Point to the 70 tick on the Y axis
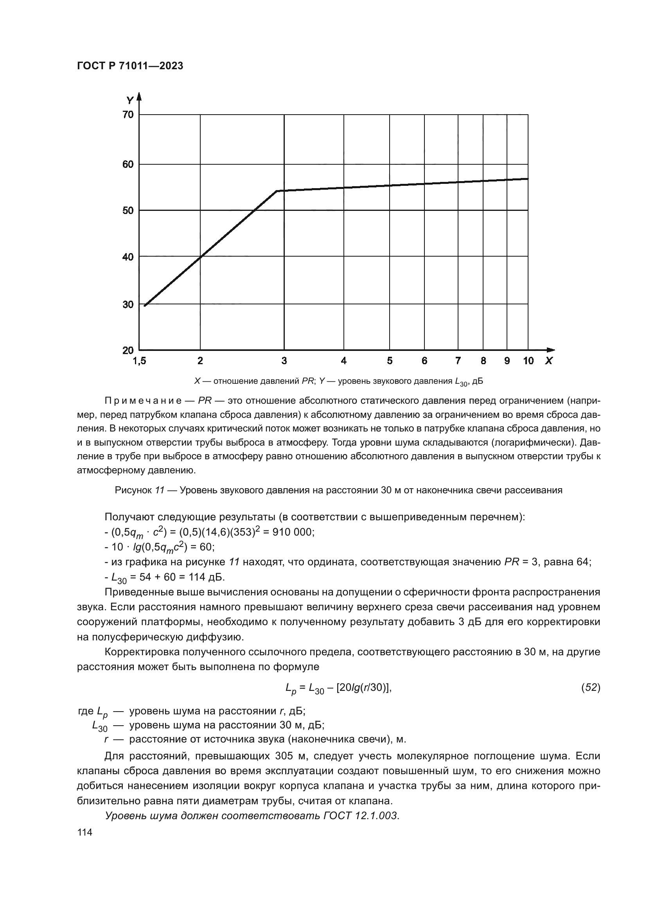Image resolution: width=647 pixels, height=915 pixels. click(128, 115)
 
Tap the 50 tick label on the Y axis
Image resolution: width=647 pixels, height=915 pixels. click(128, 210)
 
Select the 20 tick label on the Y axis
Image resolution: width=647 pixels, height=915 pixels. click(128, 351)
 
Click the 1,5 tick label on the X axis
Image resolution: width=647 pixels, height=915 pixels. click(139, 361)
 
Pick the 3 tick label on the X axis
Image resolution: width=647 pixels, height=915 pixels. click(284, 361)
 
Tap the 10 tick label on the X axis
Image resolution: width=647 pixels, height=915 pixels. click(528, 361)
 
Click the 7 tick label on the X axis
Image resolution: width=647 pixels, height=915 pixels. click(458, 361)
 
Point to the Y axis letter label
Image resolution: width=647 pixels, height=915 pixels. click(130, 100)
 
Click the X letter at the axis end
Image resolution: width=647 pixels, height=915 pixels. click(549, 361)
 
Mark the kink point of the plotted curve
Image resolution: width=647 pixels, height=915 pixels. click(277, 191)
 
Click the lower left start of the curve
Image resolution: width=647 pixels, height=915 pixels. click(145, 306)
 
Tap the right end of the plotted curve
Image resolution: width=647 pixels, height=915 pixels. click(528, 179)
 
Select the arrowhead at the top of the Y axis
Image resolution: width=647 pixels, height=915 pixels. click(139, 97)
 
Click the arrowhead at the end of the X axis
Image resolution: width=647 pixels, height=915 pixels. click(551, 350)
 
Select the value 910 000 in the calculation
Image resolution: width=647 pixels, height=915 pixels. click(293, 532)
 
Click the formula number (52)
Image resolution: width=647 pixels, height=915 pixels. click(591, 687)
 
